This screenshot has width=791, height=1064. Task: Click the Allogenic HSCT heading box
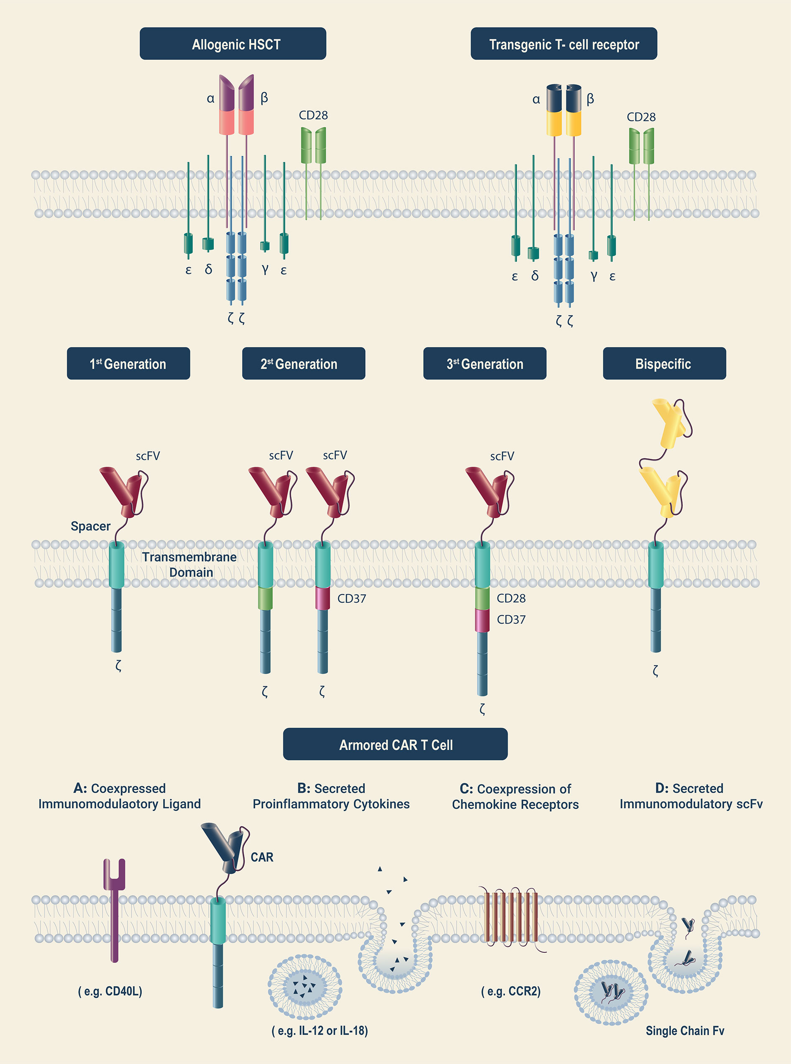tap(233, 43)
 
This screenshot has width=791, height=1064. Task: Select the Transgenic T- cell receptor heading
tap(563, 43)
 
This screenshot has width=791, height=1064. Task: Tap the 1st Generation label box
tap(128, 363)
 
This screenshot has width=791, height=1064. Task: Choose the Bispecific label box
tap(664, 363)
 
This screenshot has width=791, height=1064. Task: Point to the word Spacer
tap(90, 526)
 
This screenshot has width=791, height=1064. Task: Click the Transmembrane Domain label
tap(189, 564)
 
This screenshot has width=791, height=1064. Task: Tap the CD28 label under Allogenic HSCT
tap(313, 115)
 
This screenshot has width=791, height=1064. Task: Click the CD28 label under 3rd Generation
tap(511, 598)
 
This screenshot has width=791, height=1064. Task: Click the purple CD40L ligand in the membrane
tap(115, 909)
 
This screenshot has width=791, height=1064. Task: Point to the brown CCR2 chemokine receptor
tap(511, 917)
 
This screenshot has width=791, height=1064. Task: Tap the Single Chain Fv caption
tap(685, 1031)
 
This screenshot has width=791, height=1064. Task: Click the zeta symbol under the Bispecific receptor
tap(655, 670)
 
